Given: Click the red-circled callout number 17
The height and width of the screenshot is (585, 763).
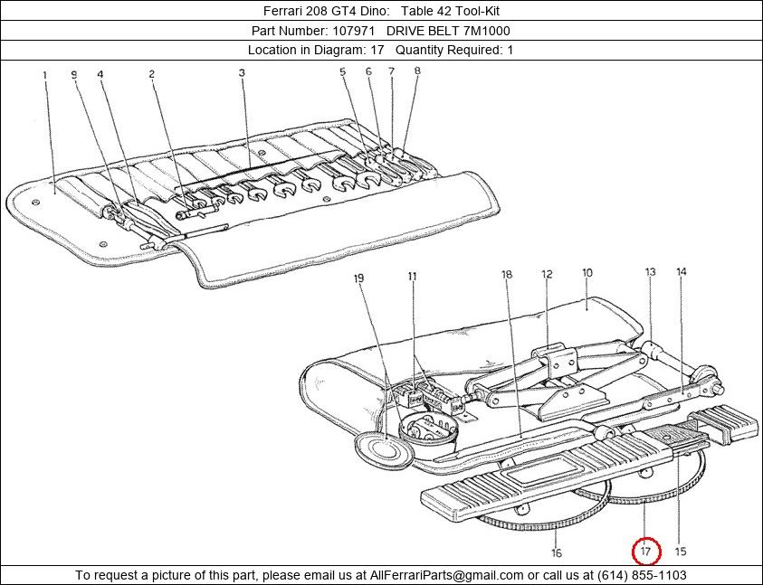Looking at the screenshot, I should pos(646,551).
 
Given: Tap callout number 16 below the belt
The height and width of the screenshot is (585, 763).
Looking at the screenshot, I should pos(558,552).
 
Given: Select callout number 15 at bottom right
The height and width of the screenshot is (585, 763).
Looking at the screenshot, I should pos(681,551).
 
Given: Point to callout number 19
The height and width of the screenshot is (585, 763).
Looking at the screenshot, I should pos(359,278).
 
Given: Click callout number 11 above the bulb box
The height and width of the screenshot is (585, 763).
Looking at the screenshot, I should pos(413,276).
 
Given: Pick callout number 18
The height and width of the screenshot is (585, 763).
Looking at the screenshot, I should pos(507,274).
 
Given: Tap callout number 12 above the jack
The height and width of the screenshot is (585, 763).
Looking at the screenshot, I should pos(547,274).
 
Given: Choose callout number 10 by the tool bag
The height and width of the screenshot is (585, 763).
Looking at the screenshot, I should pos(587,272).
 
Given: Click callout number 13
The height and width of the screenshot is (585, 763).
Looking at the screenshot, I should pos(650,271).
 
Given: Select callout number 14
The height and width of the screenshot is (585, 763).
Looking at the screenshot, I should pos(681,271).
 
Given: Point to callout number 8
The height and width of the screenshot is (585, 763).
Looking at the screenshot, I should pos(417,70).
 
